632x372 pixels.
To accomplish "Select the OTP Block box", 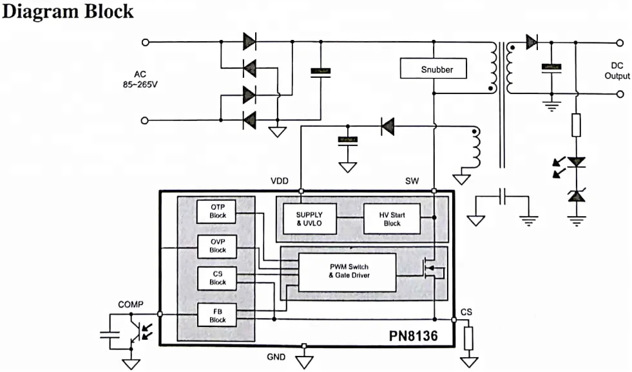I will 218,210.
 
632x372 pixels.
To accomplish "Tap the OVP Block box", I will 218,245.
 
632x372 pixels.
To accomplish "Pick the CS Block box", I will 218,278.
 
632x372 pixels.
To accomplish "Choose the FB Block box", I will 218,315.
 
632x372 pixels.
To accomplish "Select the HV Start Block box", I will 392,219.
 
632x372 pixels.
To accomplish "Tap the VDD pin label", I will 280,181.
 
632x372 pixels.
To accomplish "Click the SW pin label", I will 412,181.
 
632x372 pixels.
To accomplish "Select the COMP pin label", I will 131,304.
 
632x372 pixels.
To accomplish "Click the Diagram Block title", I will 68,11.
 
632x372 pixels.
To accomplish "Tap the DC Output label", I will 617,71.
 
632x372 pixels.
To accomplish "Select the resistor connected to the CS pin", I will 468,336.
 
